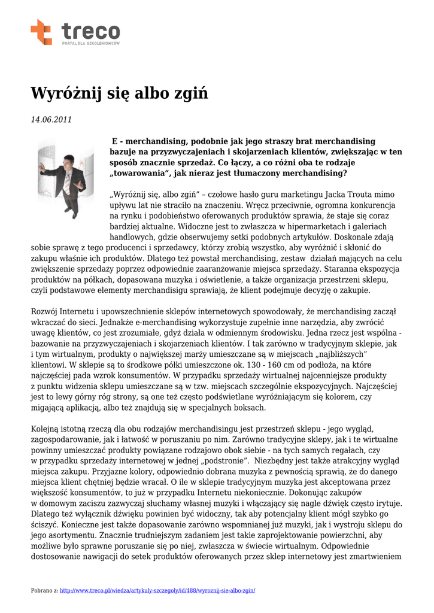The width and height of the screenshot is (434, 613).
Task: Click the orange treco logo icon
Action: point(41,31)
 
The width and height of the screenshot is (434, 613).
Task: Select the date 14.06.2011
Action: point(51,120)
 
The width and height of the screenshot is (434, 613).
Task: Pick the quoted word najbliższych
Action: point(328,354)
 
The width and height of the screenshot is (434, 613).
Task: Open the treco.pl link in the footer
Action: point(158,590)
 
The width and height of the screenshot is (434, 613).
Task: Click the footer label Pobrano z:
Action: point(44,590)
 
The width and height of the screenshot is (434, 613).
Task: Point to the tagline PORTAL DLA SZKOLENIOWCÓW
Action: point(91,44)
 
